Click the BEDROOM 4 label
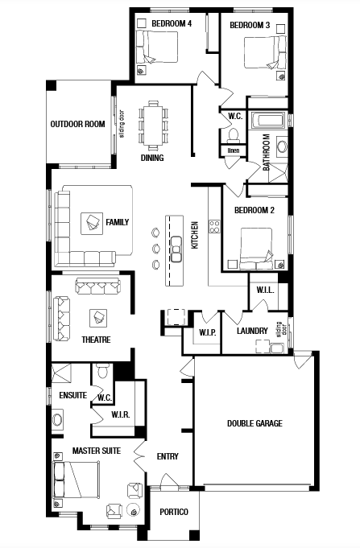(172, 24)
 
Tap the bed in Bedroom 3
(265, 52)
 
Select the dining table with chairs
(153, 125)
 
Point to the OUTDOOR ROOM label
(77, 124)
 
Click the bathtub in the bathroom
(268, 120)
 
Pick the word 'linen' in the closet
(234, 150)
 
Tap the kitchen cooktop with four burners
(214, 226)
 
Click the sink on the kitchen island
(176, 249)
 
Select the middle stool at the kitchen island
(156, 249)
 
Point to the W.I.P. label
(208, 332)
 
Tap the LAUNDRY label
(252, 331)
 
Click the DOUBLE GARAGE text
(254, 423)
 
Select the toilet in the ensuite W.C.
(103, 372)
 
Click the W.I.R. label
(120, 415)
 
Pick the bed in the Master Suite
(76, 480)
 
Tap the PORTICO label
(174, 512)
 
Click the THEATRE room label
(96, 340)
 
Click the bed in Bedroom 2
(256, 249)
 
